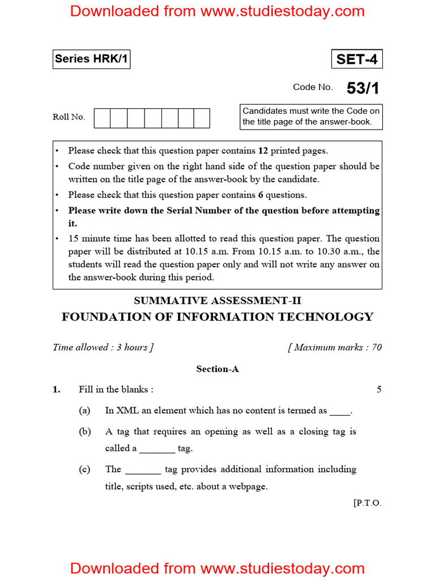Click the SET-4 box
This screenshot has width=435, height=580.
[x=356, y=59]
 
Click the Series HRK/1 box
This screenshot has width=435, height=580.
[x=91, y=59]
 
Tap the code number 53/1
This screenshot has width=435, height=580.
[x=362, y=88]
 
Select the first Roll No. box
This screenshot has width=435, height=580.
[x=102, y=118]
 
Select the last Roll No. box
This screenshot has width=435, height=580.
[x=202, y=118]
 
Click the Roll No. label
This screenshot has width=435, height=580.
[x=69, y=117]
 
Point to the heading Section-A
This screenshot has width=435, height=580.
[x=217, y=369]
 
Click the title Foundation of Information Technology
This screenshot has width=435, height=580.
[x=217, y=317]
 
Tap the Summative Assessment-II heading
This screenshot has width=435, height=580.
[x=217, y=300]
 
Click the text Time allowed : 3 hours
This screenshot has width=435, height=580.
[x=103, y=347]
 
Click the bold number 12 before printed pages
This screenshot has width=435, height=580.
[x=263, y=151]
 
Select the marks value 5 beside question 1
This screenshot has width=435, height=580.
[x=379, y=389]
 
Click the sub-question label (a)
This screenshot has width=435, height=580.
[x=84, y=411]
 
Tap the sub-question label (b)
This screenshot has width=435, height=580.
[x=85, y=432]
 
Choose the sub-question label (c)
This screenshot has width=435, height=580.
[x=84, y=469]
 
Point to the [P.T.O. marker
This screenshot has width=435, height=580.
[x=367, y=502]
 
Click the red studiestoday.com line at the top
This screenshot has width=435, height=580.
[x=217, y=11]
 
